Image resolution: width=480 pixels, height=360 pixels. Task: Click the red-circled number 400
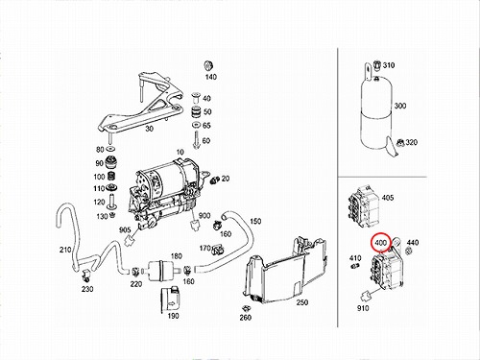click(x=380, y=243)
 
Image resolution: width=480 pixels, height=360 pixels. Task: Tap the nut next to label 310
click(x=377, y=64)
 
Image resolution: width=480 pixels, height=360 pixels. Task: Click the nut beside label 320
click(x=399, y=142)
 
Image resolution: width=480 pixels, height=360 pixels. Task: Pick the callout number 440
click(x=413, y=243)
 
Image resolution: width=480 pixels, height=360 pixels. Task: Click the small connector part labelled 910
click(x=366, y=297)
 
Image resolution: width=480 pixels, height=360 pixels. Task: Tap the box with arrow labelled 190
click(x=170, y=300)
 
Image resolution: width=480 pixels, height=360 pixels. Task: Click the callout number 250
click(x=302, y=302)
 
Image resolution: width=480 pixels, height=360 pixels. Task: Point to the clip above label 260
click(x=246, y=308)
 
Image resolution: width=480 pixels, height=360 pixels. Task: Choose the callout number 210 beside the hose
click(x=65, y=250)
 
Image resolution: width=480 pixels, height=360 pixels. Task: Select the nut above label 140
click(x=208, y=65)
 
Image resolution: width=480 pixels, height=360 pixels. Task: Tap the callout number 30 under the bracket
click(x=150, y=129)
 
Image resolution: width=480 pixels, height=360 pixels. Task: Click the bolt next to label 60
click(x=196, y=140)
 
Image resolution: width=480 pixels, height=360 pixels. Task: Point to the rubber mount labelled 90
click(x=109, y=163)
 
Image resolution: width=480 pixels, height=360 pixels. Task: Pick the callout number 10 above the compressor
click(x=180, y=152)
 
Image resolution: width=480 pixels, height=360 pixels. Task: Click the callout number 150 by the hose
click(x=255, y=221)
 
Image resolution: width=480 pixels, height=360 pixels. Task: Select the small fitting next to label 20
click(x=214, y=180)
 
